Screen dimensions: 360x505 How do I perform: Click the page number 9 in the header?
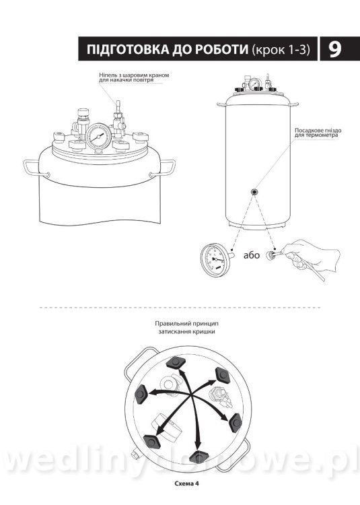coord(335,49)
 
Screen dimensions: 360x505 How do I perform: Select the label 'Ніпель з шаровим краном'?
coord(134,75)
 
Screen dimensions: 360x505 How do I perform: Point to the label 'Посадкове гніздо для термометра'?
coord(318,133)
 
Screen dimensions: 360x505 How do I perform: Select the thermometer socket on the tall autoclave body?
coord(254,192)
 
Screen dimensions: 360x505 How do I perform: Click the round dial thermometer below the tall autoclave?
coord(214,260)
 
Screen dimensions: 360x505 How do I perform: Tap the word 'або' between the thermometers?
coord(251,255)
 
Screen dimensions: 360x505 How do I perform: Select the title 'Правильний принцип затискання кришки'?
coord(186,327)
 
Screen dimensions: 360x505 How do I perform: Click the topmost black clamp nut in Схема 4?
coord(175,363)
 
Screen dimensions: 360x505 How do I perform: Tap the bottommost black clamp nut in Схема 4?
coord(199,457)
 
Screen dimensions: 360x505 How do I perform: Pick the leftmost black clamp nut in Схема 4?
coord(141,394)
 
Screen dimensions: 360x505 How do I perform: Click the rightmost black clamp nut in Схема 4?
coord(235,423)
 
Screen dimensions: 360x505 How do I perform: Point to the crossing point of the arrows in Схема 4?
coord(192,395)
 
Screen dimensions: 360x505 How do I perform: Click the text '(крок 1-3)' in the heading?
coord(281,50)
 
